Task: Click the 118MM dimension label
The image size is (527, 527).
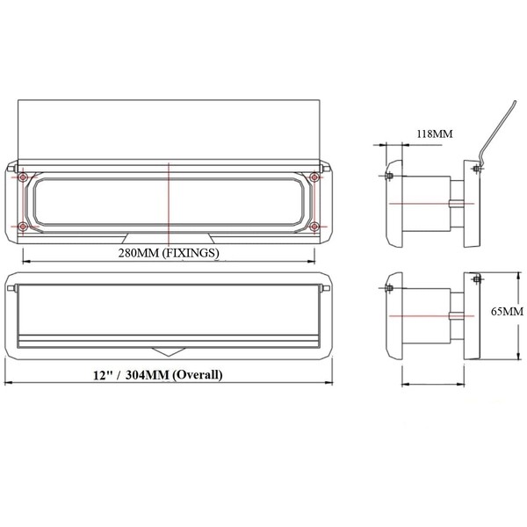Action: pyautogui.click(x=435, y=134)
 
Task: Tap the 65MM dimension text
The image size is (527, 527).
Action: pyautogui.click(x=507, y=312)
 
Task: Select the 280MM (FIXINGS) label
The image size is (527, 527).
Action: pyautogui.click(x=169, y=253)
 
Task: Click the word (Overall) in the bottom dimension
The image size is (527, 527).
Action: pyautogui.click(x=198, y=374)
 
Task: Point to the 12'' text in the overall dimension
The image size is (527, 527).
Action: pyautogui.click(x=102, y=375)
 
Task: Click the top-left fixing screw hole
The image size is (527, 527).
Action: pyautogui.click(x=23, y=177)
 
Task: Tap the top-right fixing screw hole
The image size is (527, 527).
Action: pyautogui.click(x=314, y=177)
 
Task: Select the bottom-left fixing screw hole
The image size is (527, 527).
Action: pyautogui.click(x=23, y=227)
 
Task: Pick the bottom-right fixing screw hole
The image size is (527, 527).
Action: pyautogui.click(x=314, y=227)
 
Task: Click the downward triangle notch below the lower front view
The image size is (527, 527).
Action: pyautogui.click(x=168, y=352)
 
